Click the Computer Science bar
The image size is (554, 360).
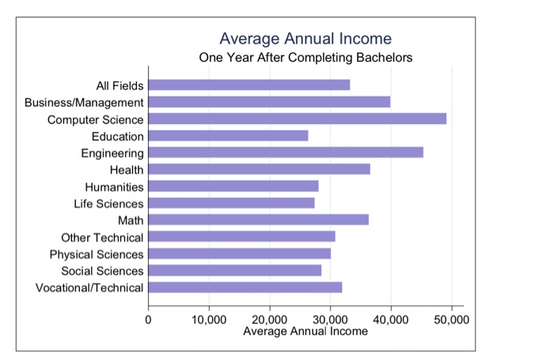297,119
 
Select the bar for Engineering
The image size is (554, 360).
285,152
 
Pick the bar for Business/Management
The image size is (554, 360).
268,101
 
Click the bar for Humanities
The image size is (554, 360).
233,186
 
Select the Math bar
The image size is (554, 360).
258,219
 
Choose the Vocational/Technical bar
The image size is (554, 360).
245,286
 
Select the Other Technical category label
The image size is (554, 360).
102,237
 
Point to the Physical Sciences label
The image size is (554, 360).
97,254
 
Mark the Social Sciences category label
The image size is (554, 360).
102,271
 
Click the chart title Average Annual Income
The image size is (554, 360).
305,38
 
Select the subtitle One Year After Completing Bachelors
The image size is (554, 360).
305,58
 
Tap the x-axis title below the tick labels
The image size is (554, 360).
305,331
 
